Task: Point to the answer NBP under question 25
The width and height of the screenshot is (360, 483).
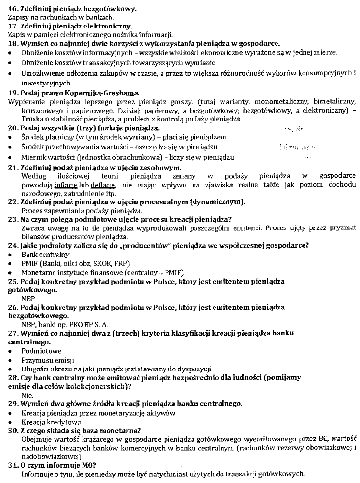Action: tap(28, 298)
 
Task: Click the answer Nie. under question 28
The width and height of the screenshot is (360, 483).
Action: tap(28, 394)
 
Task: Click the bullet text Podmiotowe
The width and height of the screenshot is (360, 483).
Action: tap(41, 351)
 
